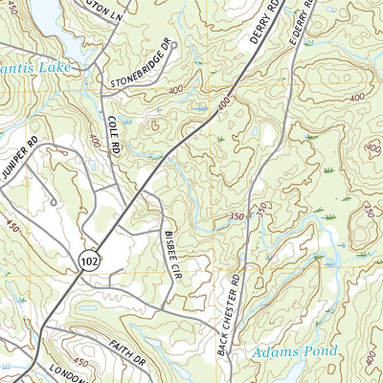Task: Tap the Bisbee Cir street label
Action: [171, 248]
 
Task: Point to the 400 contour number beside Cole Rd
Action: [94, 141]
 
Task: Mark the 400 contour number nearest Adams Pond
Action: [370, 356]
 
